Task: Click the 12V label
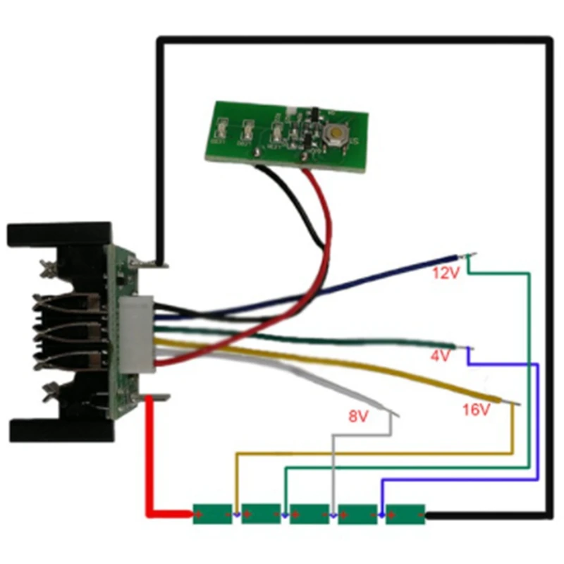(446, 273)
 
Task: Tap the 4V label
(440, 356)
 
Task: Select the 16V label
(476, 409)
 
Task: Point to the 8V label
(359, 416)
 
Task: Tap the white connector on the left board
(136, 335)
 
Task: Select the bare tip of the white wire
(392, 412)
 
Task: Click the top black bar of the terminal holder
(60, 233)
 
